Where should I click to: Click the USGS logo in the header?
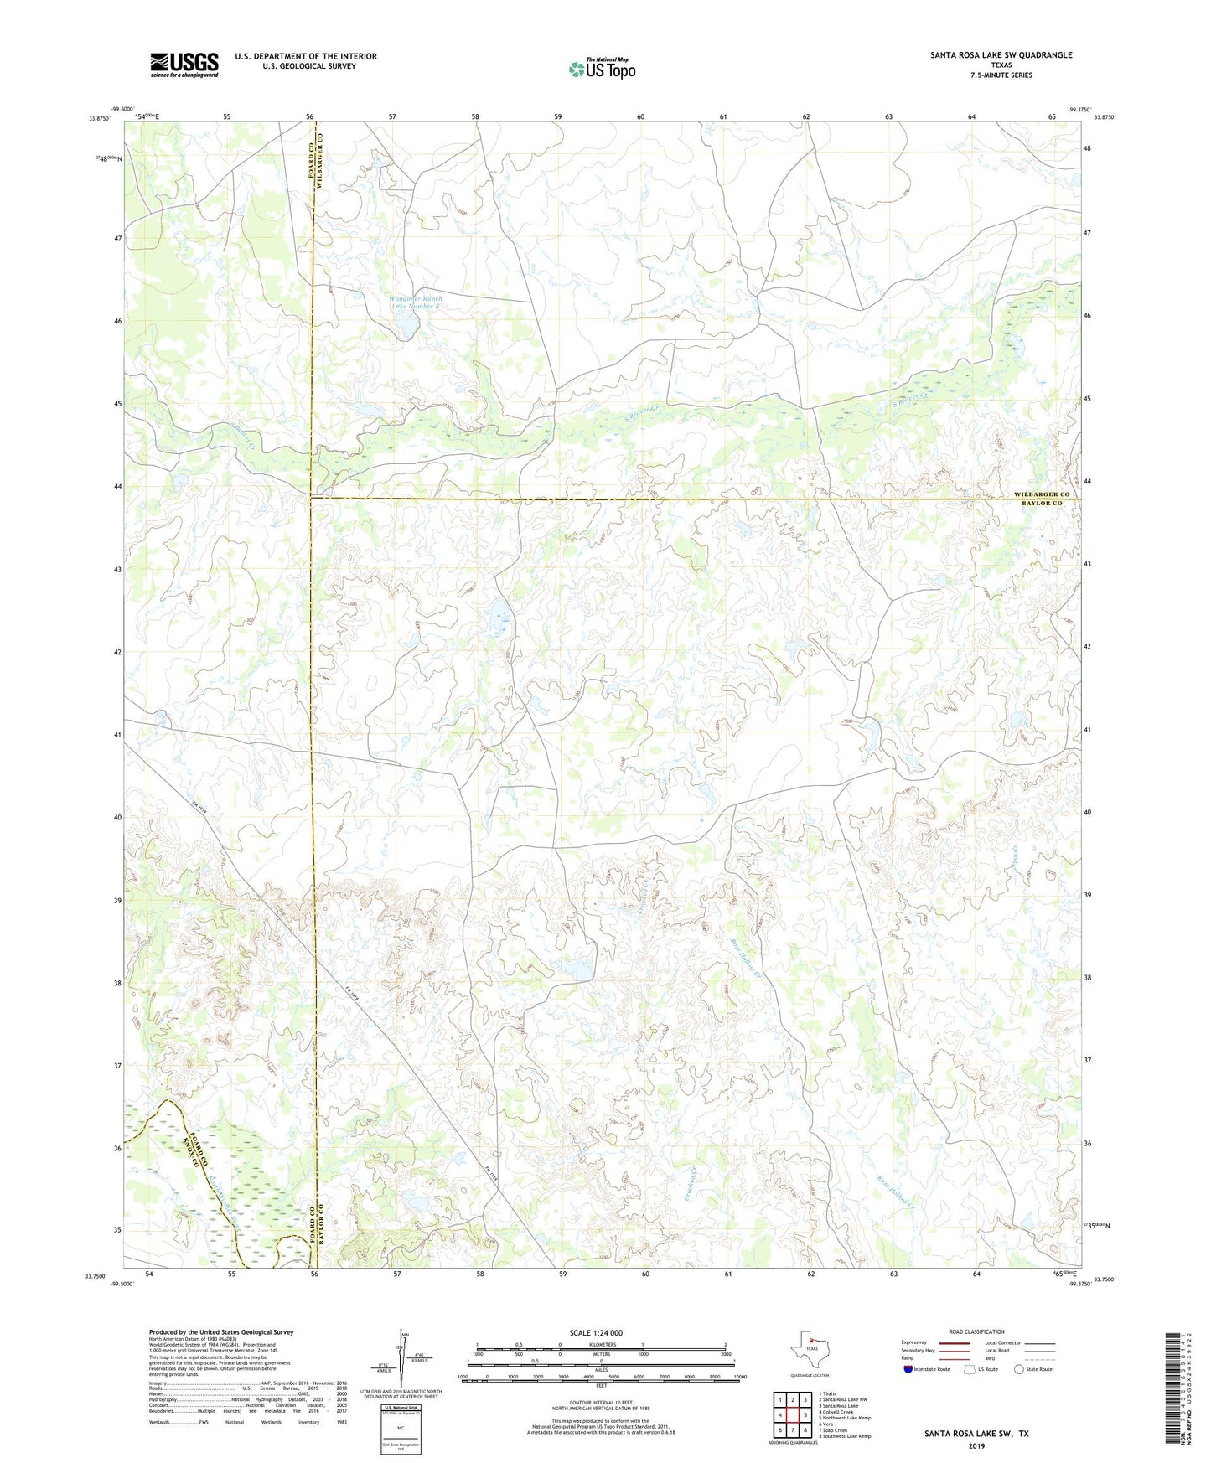coord(184,65)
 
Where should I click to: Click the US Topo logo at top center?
coord(602,68)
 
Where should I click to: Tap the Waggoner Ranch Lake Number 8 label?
coord(416,302)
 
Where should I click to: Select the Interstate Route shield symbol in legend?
coord(908,1369)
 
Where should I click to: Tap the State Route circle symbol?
coord(1019,1369)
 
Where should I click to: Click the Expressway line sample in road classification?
coord(955,1342)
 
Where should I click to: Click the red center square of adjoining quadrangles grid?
coord(792,1414)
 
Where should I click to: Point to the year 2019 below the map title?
coord(976,1446)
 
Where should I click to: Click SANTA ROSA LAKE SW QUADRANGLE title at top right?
coord(1001,55)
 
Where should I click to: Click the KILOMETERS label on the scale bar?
coord(600,1344)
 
